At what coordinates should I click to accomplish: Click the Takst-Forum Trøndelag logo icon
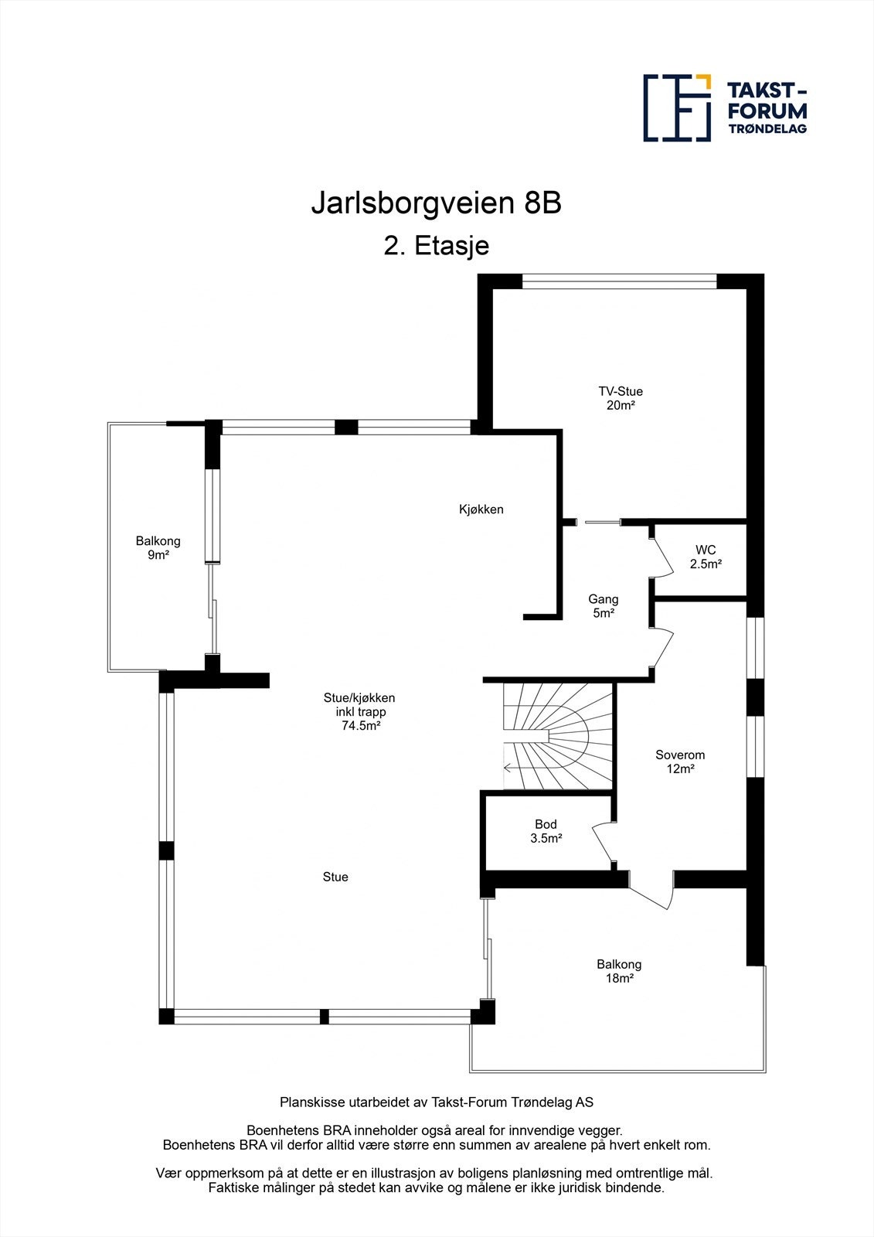point(677,107)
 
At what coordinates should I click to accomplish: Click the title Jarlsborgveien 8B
point(436,204)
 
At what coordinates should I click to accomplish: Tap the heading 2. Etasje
point(436,246)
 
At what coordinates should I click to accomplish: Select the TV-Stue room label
point(621,391)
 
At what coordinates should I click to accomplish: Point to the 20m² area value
point(621,405)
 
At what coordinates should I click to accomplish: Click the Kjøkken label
point(481,509)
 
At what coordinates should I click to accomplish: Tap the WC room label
point(706,550)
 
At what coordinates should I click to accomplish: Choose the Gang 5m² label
point(603,606)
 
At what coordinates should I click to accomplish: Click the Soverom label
point(680,755)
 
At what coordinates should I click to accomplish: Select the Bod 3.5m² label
point(546,831)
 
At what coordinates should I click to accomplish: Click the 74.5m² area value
point(360,726)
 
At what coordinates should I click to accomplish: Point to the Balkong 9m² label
point(158,548)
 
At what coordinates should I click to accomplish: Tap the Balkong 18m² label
point(619,971)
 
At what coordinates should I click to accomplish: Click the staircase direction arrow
point(509,768)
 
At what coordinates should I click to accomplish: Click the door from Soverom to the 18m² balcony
point(654,894)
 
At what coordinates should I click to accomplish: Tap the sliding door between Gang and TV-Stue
point(602,523)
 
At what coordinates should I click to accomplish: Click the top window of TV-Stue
point(619,281)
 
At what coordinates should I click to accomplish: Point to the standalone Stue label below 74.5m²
point(335,877)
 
